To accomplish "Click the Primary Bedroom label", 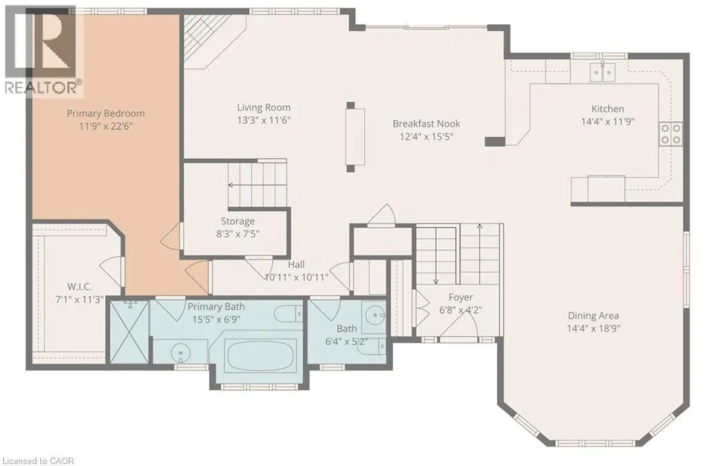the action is click(x=106, y=114).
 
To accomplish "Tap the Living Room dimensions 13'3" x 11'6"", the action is click(x=264, y=120).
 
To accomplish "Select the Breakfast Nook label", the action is click(x=427, y=123).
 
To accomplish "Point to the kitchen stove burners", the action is click(x=671, y=134).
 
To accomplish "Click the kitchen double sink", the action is click(x=602, y=72).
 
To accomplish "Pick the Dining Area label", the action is click(x=593, y=316).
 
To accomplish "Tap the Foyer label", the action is click(x=460, y=298).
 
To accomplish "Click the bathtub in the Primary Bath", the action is click(x=260, y=356).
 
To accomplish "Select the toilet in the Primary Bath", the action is click(x=289, y=313).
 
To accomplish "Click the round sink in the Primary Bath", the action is click(x=181, y=352).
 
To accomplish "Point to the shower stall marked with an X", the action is click(x=129, y=332).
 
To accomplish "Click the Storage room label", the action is click(x=237, y=222).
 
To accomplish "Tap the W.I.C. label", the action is click(x=80, y=287).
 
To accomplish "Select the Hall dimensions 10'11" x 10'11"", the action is click(x=296, y=277).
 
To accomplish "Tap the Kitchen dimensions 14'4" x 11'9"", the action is click(x=608, y=122).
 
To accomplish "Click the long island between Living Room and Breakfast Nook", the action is click(x=355, y=137).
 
